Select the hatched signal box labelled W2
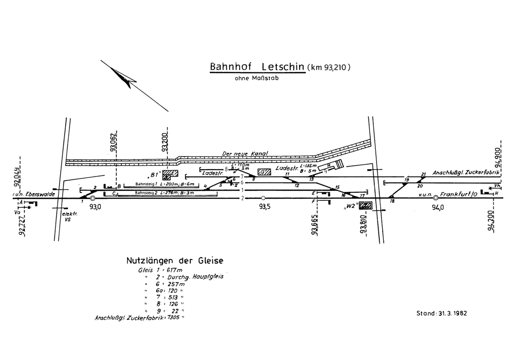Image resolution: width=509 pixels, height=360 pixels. pos(366,206)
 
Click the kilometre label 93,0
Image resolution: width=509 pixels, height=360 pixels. pos(95,207)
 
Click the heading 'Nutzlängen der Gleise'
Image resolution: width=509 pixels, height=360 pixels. pos(175,260)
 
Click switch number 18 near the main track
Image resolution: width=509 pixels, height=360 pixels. pos(392,201)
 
